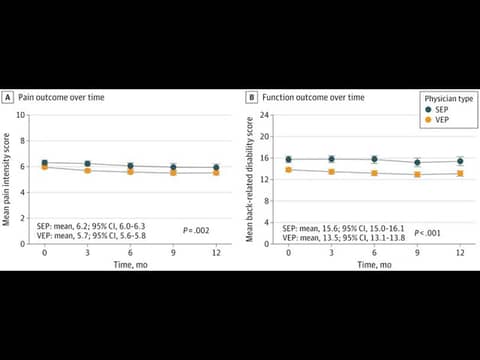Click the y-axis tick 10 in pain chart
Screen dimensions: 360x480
click(34, 115)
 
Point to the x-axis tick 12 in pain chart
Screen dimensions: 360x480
click(216, 253)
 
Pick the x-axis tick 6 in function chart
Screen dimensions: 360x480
click(374, 253)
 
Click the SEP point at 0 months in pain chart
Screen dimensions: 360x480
click(44, 163)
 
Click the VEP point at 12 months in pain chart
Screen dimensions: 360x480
click(216, 172)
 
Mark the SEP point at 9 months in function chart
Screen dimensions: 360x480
click(417, 162)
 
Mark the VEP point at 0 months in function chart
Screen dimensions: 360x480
click(288, 170)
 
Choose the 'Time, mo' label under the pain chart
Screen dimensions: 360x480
click(130, 263)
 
